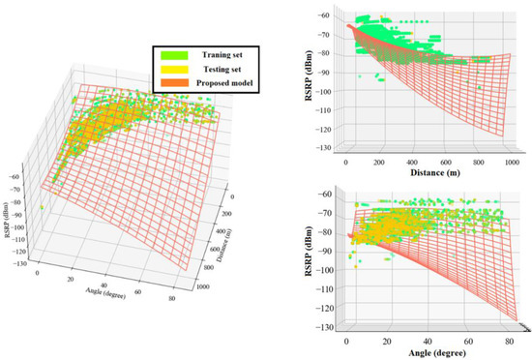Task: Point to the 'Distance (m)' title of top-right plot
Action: (x=426, y=173)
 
